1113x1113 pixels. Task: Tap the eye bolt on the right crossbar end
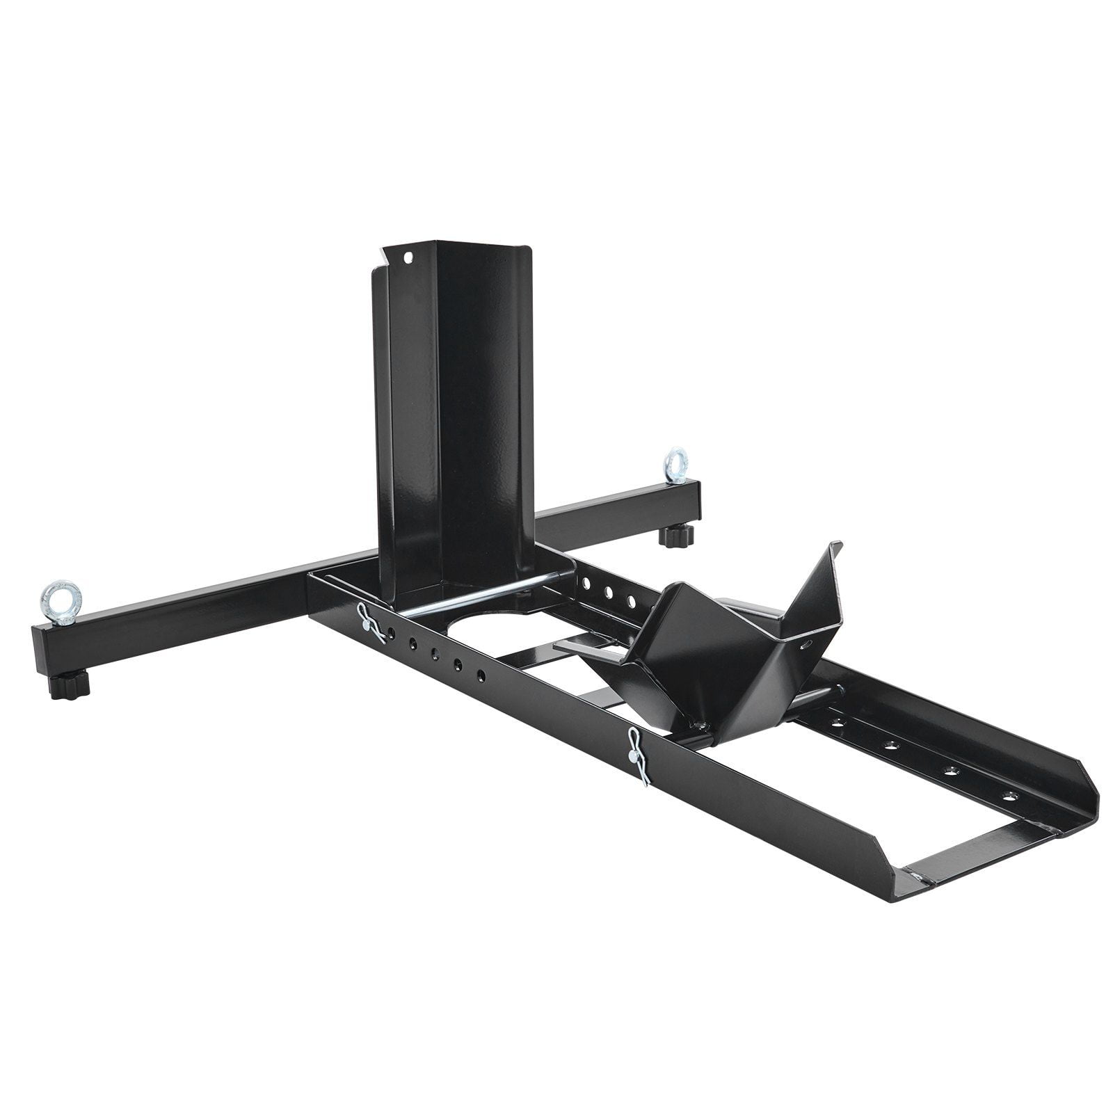pos(675,465)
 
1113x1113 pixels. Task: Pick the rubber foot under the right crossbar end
pos(676,536)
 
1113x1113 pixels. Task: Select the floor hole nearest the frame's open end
pos(1009,795)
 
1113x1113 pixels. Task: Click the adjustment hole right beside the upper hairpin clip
pos(392,633)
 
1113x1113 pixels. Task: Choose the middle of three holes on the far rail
pos(609,593)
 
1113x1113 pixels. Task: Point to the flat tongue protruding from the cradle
pos(584,648)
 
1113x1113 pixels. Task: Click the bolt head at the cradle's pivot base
pos(703,726)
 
